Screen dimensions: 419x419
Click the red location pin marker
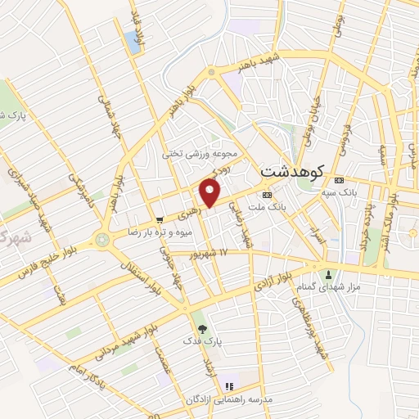tap(210, 193)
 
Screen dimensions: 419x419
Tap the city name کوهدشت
tap(291, 172)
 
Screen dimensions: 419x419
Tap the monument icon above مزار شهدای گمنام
tap(330, 274)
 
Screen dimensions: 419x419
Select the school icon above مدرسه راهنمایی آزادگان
tap(230, 385)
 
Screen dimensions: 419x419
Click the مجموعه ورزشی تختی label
tap(200, 153)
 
